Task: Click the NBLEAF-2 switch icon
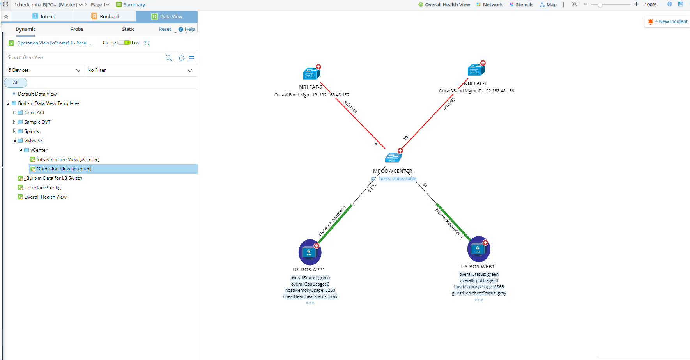311,73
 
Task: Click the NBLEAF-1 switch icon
476,70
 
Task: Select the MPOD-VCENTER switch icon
393,158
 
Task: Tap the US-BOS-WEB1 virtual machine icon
478,249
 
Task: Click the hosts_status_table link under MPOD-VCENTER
397,179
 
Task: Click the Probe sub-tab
77,29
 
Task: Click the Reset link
165,29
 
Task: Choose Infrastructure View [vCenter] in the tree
68,160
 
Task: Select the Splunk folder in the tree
32,131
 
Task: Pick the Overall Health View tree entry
45,197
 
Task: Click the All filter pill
16,83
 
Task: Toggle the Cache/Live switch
124,43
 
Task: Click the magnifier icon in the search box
168,58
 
